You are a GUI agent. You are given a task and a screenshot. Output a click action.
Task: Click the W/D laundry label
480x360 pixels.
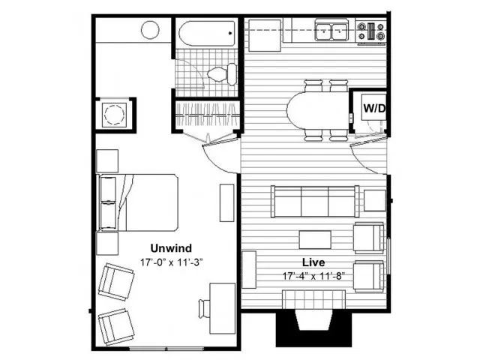coord(374,108)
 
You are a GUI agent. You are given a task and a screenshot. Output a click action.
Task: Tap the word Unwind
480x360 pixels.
coord(171,248)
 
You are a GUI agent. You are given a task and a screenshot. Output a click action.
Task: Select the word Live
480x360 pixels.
coord(313,262)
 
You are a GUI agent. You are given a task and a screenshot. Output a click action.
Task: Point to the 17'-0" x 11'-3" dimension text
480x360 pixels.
coord(172,262)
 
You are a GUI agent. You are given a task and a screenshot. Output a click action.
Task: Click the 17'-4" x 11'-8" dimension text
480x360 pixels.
coord(313,276)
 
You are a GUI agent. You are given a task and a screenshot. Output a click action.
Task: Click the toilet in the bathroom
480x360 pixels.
coord(222,74)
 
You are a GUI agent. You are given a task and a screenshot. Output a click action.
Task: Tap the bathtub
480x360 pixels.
coord(207,33)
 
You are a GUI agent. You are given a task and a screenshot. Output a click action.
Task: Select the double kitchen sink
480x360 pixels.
coord(331,30)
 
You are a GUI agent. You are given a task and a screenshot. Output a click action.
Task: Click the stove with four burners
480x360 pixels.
coord(371,31)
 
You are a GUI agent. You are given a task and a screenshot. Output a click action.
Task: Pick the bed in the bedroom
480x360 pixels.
coord(138,202)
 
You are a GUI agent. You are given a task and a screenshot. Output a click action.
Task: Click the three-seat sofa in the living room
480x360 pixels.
coord(315,202)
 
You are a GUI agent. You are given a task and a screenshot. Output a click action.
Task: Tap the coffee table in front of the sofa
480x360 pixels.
coord(315,240)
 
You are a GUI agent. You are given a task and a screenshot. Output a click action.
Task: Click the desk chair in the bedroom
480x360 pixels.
coord(204,309)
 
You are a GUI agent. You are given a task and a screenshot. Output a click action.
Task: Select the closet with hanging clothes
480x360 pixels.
coord(208,115)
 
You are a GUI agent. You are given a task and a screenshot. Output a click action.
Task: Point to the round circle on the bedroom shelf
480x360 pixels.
coord(150,30)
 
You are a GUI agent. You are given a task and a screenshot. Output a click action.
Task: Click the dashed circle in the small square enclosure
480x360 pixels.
coord(115,114)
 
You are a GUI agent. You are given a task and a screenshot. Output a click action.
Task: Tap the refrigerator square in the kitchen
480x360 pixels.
coord(265,35)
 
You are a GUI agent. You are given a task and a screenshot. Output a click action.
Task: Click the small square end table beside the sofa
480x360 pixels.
coord(375,200)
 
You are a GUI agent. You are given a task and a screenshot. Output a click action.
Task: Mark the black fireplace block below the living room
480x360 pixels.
coord(313,329)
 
